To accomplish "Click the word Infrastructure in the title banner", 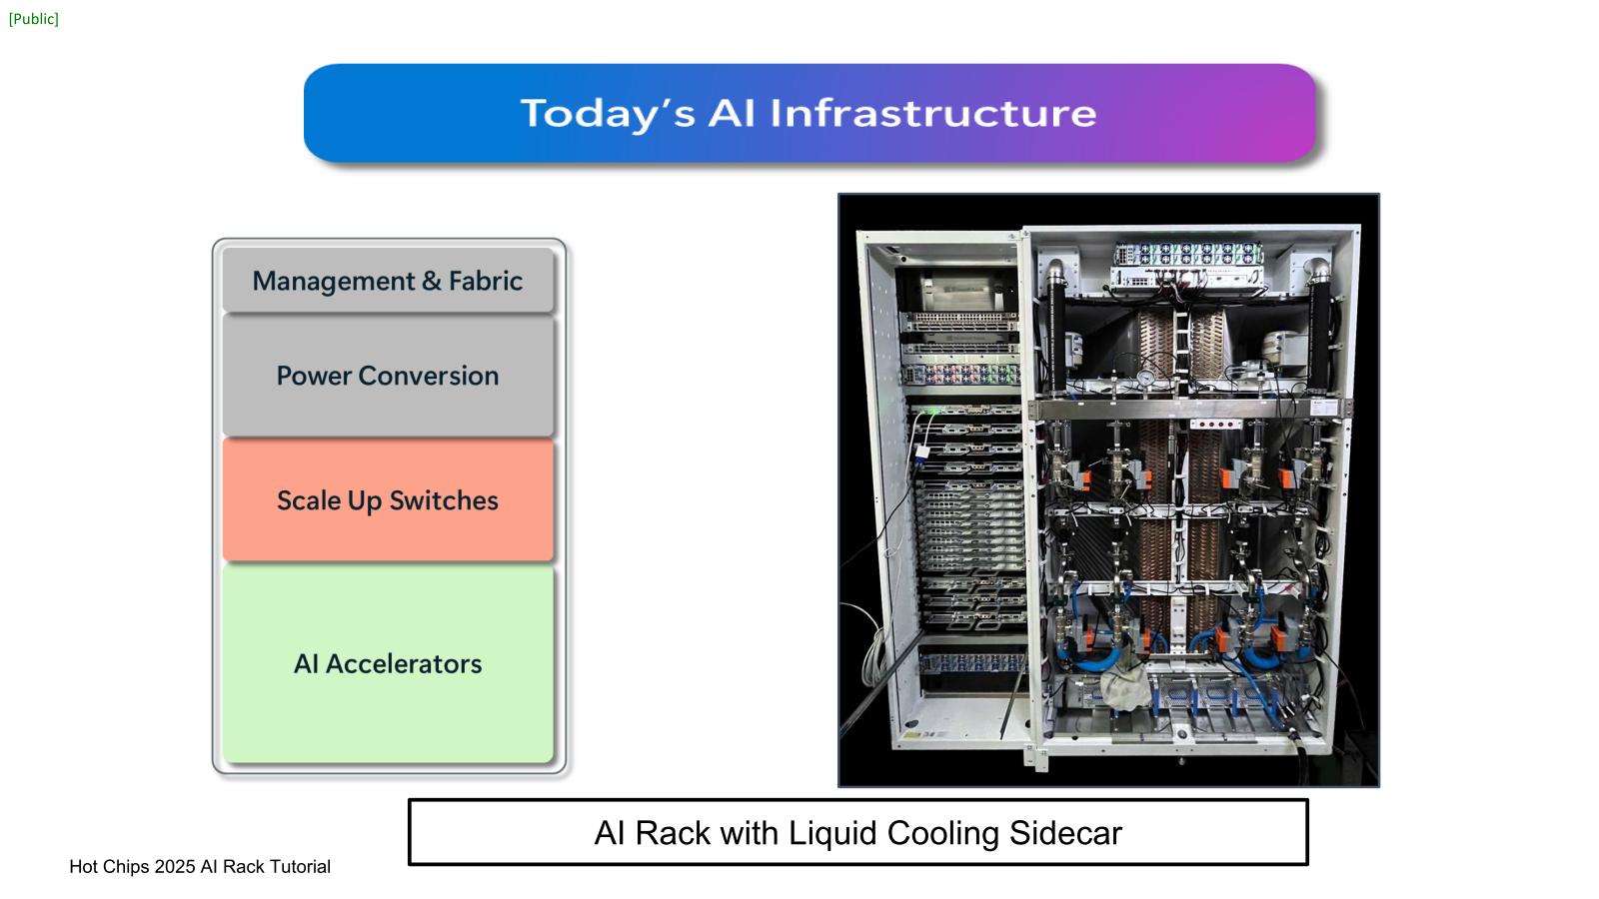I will click(x=932, y=113).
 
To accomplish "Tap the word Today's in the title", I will click(x=607, y=113).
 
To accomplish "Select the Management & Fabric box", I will click(x=388, y=281).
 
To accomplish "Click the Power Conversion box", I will click(x=388, y=376).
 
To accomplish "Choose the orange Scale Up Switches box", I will click(x=388, y=499).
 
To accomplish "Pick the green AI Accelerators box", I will click(x=388, y=663).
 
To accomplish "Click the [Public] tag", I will click(x=34, y=19).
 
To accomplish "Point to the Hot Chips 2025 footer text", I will click(x=200, y=866).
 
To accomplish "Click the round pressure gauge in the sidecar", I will click(x=1145, y=377).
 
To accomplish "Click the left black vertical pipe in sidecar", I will click(x=1055, y=335).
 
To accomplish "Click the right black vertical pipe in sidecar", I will click(x=1320, y=335).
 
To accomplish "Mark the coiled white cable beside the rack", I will click(x=873, y=649).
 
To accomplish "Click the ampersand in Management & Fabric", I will click(x=432, y=281).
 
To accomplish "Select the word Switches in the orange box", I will click(x=443, y=499).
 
